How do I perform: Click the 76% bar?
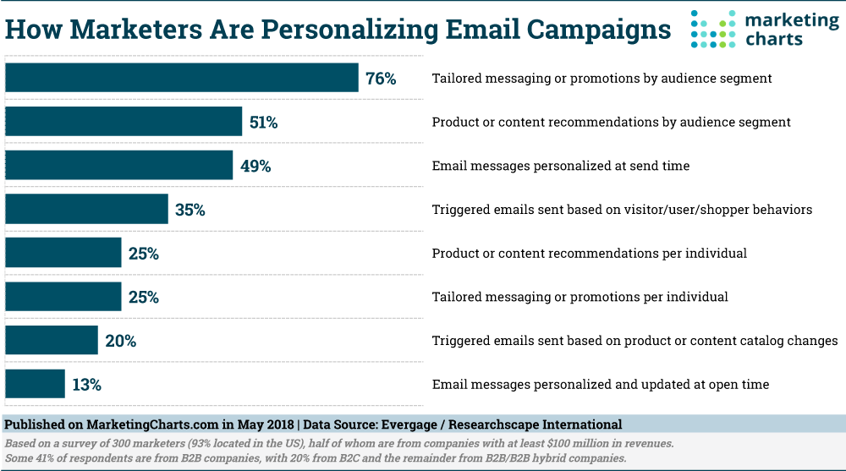pyautogui.click(x=182, y=78)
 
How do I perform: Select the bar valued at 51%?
pyautogui.click(x=124, y=122)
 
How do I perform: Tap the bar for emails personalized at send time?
pyautogui.click(x=118, y=166)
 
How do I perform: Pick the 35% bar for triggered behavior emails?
pyautogui.click(x=86, y=209)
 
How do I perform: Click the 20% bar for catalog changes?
pyautogui.click(x=52, y=341)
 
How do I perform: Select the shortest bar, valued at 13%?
pyautogui.click(x=35, y=384)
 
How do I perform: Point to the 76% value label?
pyautogui.click(x=381, y=79)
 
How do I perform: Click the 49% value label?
pyautogui.click(x=255, y=167)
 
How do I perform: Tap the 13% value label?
pyautogui.click(x=87, y=385)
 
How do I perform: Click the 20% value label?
pyautogui.click(x=121, y=341)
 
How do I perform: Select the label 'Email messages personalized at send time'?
pyautogui.click(x=561, y=166)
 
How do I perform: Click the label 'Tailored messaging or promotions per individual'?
pyautogui.click(x=580, y=297)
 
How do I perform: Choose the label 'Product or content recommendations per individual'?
pyautogui.click(x=590, y=253)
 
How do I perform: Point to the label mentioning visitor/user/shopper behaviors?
pyautogui.click(x=622, y=209)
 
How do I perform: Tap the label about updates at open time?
pyautogui.click(x=601, y=385)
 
